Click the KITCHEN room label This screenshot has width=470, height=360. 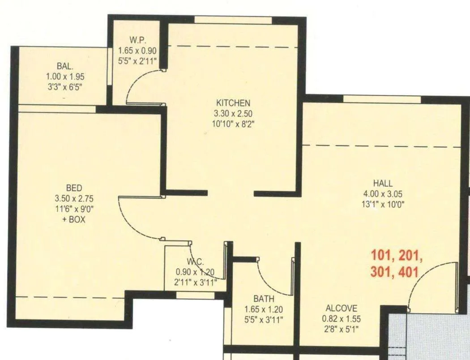click(x=233, y=103)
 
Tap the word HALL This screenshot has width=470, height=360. click(x=383, y=183)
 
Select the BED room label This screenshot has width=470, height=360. click(x=74, y=188)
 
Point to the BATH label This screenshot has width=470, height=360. click(x=264, y=299)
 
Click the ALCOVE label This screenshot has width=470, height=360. click(x=341, y=308)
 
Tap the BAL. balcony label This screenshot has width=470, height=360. click(x=65, y=67)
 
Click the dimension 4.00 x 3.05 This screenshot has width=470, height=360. click(x=383, y=194)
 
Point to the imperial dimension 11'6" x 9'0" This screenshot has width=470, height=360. click(x=74, y=209)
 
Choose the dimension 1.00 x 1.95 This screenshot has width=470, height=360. click(x=65, y=77)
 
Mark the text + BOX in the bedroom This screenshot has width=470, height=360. click(x=74, y=220)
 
